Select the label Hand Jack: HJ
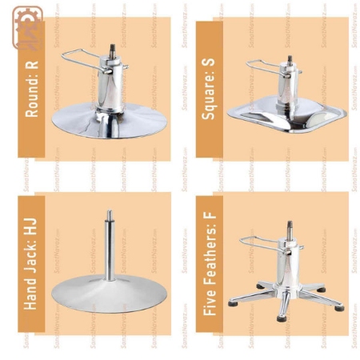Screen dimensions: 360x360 [x=32, y=263]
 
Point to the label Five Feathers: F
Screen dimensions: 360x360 [x=210, y=263]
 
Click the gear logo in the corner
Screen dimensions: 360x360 [x=25, y=29]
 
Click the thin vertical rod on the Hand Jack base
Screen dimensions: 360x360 [x=109, y=248]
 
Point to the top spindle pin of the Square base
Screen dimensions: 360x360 [x=290, y=60]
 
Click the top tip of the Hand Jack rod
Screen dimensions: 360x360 [x=109, y=213]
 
